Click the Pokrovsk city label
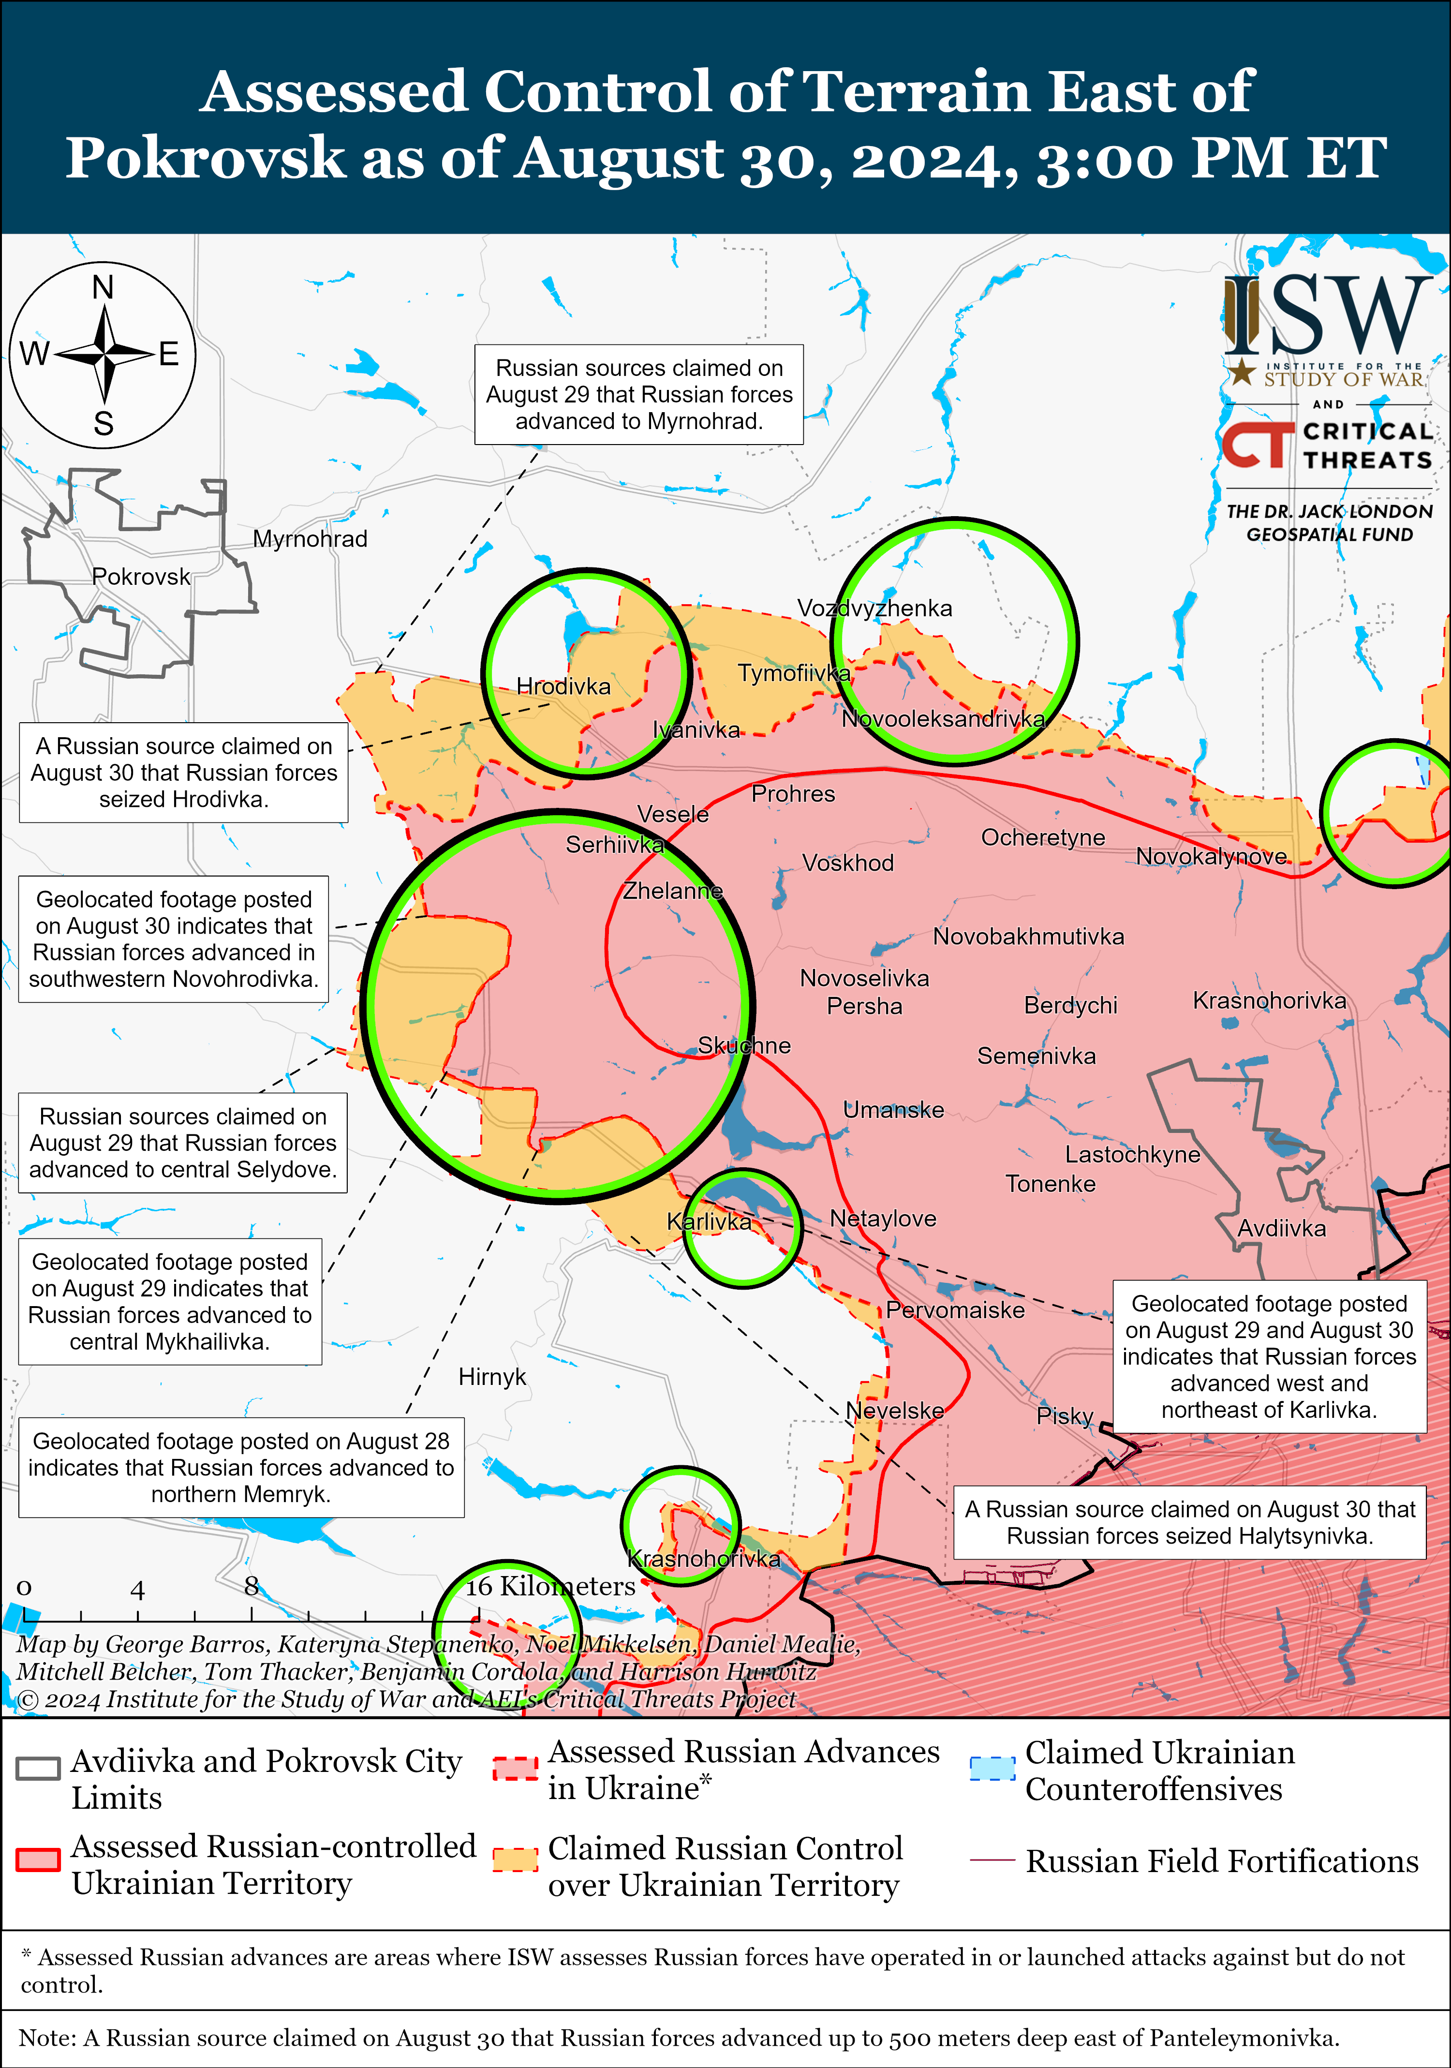point(141,577)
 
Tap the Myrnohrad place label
point(310,538)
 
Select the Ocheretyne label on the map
point(1043,838)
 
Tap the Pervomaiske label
point(955,1309)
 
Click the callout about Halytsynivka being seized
point(1189,1522)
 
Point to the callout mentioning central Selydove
point(183,1143)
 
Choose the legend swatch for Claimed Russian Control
point(515,1861)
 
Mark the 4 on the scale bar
point(137,1591)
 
